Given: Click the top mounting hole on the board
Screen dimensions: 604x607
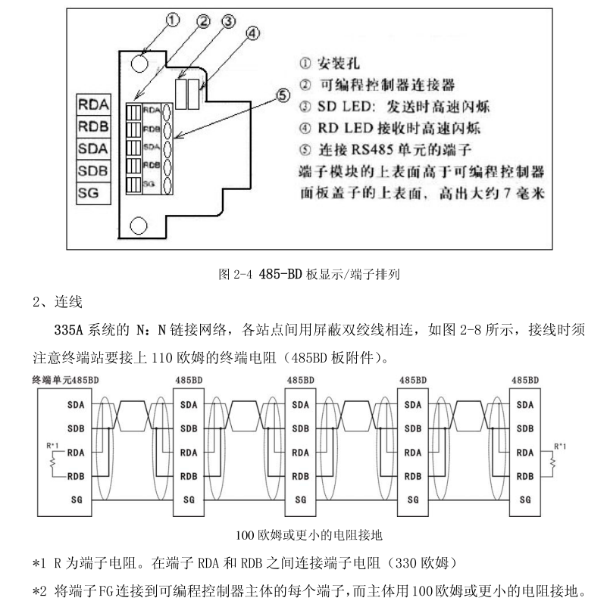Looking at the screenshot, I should coord(139,61).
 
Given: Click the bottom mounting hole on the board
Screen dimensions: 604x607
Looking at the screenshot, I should coord(138,225).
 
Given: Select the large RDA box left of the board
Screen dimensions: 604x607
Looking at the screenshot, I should coord(94,103).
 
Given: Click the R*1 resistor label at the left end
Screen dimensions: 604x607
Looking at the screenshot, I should coord(46,443).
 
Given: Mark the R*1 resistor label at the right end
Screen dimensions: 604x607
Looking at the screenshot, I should coord(561,443).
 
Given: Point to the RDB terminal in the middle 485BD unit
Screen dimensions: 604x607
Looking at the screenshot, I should coord(301,477).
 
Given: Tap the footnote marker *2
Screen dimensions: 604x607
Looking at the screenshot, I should coord(39,588).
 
